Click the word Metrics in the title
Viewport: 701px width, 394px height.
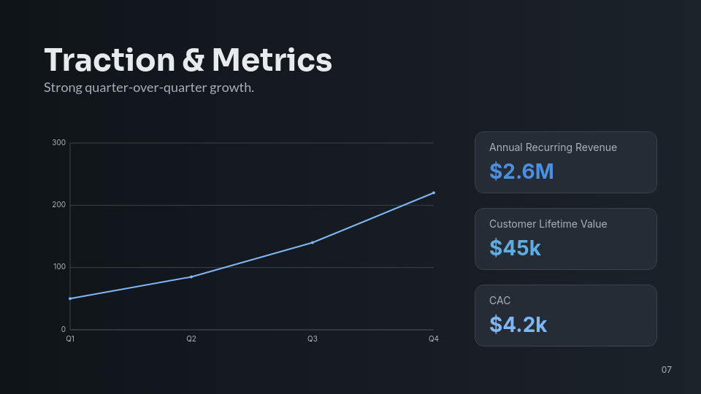[272, 60]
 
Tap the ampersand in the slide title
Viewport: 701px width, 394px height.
[193, 60]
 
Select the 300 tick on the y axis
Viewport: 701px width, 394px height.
[59, 143]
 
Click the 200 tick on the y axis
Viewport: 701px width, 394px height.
[59, 205]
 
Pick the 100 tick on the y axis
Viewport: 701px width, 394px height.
[59, 267]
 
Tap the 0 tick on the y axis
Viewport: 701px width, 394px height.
[64, 329]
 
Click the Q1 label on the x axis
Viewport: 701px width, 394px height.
[70, 339]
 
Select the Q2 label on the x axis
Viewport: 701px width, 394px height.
[191, 339]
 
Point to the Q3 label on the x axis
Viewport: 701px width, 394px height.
[313, 339]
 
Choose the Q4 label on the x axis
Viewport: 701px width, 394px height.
[433, 339]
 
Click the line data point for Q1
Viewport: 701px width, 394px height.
[70, 298]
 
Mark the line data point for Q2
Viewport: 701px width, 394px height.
[191, 277]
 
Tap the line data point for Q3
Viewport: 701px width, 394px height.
[313, 242]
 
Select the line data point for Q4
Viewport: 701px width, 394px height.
[434, 193]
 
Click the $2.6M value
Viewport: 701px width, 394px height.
[521, 171]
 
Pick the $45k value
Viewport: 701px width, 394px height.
[515, 248]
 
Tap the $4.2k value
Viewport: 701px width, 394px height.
[518, 325]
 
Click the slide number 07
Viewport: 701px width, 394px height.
[666, 370]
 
